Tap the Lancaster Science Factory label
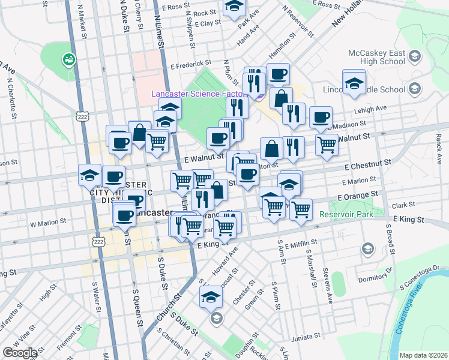coord(199,94)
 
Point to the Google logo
coord(20,353)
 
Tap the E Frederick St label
coord(191,63)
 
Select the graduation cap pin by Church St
coord(211,296)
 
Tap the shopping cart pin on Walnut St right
coord(327,144)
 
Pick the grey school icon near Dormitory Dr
coord(368,248)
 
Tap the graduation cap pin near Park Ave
coord(234,7)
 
